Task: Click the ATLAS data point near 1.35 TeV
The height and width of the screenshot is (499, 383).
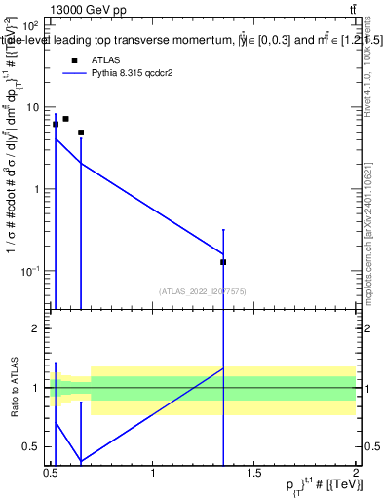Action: (x=224, y=262)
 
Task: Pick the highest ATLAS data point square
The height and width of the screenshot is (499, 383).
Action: (x=65, y=119)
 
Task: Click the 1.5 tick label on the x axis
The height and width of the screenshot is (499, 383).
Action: (x=254, y=473)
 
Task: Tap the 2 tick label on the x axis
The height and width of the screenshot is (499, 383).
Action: (x=356, y=473)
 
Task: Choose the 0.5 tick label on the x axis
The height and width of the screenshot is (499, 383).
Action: (x=52, y=473)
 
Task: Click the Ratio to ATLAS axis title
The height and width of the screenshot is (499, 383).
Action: (x=15, y=389)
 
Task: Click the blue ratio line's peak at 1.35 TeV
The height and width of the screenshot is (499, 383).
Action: (x=224, y=368)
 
